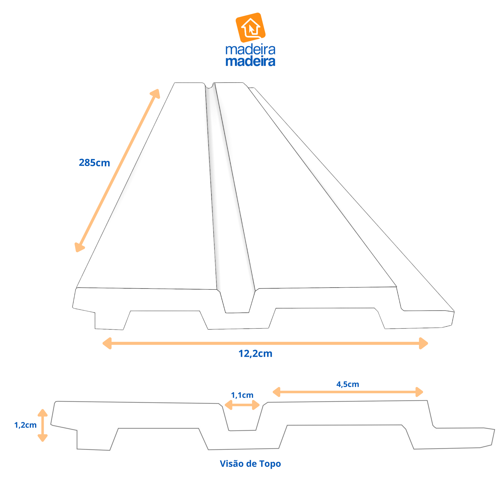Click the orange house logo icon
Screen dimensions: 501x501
point(250,27)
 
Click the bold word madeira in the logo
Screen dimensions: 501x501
point(250,61)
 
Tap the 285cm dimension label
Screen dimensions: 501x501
point(94,163)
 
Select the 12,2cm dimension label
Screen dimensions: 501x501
point(255,354)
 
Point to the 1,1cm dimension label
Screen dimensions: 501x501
point(242,395)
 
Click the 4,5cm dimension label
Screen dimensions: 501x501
point(347,384)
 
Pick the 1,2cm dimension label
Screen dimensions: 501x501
point(26,425)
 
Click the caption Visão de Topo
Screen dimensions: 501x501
point(250,464)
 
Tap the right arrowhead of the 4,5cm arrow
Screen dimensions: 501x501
point(419,392)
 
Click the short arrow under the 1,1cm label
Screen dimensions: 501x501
point(242,405)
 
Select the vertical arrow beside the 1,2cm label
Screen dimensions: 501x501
point(42,425)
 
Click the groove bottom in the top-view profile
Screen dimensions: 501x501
point(242,430)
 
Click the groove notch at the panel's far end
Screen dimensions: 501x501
point(209,86)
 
